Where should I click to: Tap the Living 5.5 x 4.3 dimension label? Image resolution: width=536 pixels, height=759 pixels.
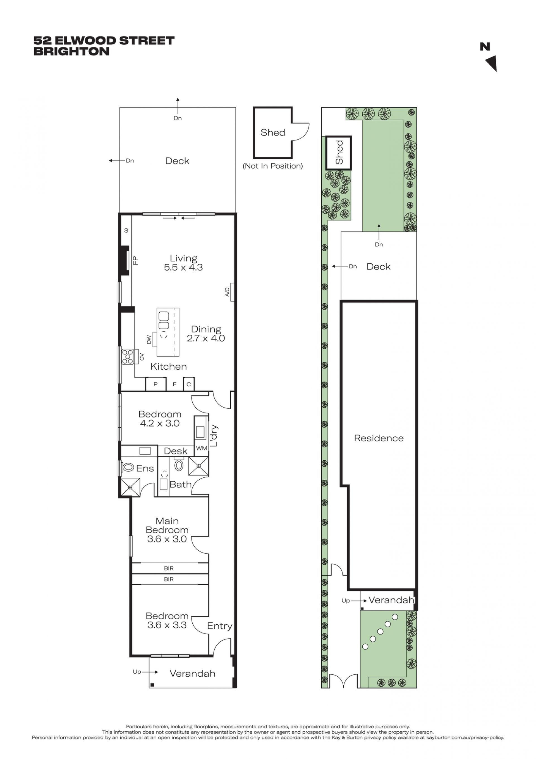183,263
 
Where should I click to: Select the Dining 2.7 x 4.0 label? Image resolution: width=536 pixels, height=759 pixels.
206,334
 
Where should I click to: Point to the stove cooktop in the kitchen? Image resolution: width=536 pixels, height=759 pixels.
127,357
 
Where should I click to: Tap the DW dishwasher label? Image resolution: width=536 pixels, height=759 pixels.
149,339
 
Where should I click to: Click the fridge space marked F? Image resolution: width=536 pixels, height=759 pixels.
175,384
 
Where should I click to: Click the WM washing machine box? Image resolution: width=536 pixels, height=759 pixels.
201,448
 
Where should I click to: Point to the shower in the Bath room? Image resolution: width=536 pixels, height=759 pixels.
198,466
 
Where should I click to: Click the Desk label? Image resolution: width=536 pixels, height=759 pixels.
176,451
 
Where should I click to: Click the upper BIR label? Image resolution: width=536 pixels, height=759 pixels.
169,568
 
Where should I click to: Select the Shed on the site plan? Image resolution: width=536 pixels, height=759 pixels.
338,153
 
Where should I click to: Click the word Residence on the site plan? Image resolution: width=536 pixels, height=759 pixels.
379,438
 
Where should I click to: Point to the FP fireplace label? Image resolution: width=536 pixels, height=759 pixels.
135,260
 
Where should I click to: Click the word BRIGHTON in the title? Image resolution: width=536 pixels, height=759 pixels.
71,52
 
